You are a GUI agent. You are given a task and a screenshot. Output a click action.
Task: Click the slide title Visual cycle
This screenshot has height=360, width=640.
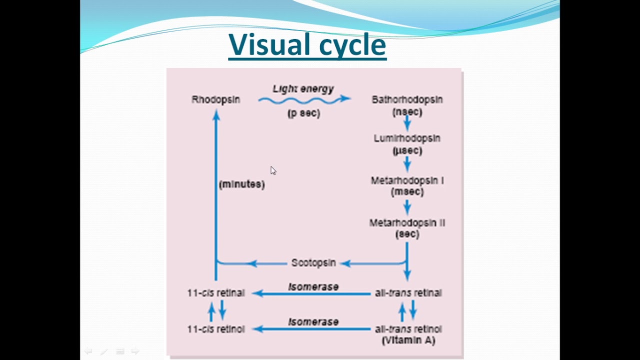pyautogui.click(x=307, y=44)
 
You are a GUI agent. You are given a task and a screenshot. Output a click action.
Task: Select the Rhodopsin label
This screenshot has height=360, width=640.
pyautogui.click(x=215, y=99)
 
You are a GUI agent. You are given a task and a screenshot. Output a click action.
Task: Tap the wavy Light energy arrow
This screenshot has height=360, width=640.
pyautogui.click(x=304, y=100)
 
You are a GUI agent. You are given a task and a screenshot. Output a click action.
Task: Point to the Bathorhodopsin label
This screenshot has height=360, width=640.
pyautogui.click(x=407, y=99)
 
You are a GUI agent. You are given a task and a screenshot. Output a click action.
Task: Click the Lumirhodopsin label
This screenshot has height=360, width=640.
pyautogui.click(x=407, y=138)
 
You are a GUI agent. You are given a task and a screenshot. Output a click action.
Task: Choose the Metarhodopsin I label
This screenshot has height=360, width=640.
pyautogui.click(x=407, y=180)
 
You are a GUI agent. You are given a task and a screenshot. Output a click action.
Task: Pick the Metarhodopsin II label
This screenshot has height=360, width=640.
pyautogui.click(x=407, y=222)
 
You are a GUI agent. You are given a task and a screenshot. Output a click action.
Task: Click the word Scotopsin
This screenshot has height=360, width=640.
pyautogui.click(x=313, y=263)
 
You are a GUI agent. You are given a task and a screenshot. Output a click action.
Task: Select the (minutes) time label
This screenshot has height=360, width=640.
pyautogui.click(x=241, y=184)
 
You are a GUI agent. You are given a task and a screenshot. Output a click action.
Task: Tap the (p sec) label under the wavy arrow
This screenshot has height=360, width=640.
pyautogui.click(x=303, y=113)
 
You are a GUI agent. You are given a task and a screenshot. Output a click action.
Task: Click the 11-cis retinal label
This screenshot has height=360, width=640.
pyautogui.click(x=216, y=293)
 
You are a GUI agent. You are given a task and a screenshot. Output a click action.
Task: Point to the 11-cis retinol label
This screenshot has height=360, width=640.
pyautogui.click(x=216, y=329)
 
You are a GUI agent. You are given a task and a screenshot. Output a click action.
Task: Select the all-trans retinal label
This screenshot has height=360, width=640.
pyautogui.click(x=408, y=293)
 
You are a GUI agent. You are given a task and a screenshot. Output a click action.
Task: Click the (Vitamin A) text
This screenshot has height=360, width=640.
pyautogui.click(x=408, y=340)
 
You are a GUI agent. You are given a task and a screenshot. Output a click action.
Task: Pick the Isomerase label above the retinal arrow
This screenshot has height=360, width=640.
pyautogui.click(x=313, y=287)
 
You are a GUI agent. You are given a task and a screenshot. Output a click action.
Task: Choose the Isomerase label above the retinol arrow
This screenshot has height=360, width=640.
pyautogui.click(x=313, y=322)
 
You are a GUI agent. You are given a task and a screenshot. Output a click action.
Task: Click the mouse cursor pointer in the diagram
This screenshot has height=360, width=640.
pyautogui.click(x=273, y=171)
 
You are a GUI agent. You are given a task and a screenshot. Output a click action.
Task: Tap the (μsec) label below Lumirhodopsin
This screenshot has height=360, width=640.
pyautogui.click(x=407, y=150)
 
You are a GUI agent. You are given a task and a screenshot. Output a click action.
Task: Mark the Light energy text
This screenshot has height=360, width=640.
pyautogui.click(x=303, y=88)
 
